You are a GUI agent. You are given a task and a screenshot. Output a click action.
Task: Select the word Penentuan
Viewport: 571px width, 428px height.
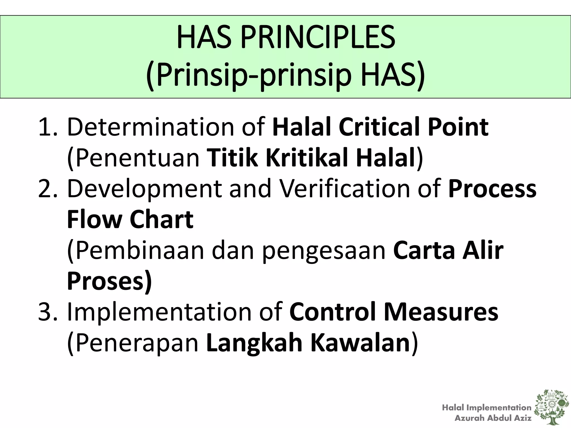click(134, 158)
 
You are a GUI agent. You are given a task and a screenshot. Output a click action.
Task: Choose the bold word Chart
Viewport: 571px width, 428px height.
click(161, 220)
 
